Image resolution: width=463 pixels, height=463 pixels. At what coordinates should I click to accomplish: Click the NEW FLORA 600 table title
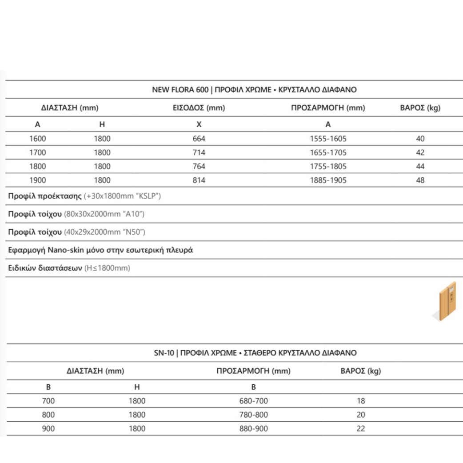point(254,90)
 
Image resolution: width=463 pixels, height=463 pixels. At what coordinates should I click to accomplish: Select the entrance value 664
point(199,139)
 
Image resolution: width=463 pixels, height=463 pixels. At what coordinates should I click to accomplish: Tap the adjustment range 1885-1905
point(328,180)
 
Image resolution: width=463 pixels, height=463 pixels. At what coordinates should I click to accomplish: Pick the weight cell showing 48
point(420,180)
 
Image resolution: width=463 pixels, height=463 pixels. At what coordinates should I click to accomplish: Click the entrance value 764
point(199,167)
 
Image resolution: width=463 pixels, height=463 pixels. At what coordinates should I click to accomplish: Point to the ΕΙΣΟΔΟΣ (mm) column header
point(199,108)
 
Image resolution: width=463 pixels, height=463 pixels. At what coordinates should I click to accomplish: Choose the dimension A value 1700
point(37,153)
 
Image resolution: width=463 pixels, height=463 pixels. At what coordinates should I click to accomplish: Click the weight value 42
point(420,153)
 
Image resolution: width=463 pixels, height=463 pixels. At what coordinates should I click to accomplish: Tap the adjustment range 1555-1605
point(328,139)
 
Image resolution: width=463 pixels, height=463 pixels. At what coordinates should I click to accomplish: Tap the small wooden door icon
point(446,301)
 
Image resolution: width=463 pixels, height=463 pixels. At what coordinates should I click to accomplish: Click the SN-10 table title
point(254,353)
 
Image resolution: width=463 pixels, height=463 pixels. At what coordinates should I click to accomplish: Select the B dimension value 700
point(48,401)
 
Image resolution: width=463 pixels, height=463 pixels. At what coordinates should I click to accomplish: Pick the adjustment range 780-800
point(253,415)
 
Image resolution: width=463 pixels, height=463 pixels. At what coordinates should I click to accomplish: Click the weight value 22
point(360,429)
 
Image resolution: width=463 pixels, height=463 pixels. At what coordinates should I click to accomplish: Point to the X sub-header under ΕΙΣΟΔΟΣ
point(199,125)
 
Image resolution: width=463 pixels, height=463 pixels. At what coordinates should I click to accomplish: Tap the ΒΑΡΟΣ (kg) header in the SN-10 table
point(360,371)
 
